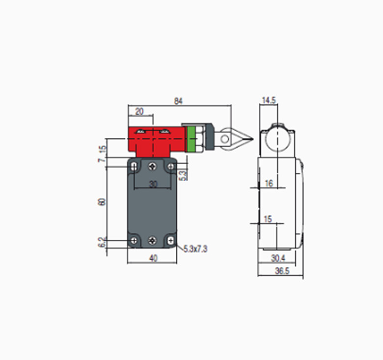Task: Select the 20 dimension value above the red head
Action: pyautogui.click(x=139, y=111)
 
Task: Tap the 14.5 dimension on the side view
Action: pyautogui.click(x=269, y=100)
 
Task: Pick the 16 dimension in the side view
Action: pyautogui.click(x=269, y=183)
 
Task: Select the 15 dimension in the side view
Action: pyautogui.click(x=268, y=220)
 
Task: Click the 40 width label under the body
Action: pyautogui.click(x=153, y=258)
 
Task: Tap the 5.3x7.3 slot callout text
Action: pyautogui.click(x=195, y=249)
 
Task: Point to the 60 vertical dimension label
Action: pyautogui.click(x=102, y=202)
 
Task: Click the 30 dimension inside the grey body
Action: pyautogui.click(x=153, y=184)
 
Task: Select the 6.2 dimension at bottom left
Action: pyautogui.click(x=102, y=242)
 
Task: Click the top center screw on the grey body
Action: pyautogui.click(x=153, y=167)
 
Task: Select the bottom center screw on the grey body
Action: pyautogui.click(x=153, y=240)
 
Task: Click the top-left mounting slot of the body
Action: pyautogui.click(x=135, y=167)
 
